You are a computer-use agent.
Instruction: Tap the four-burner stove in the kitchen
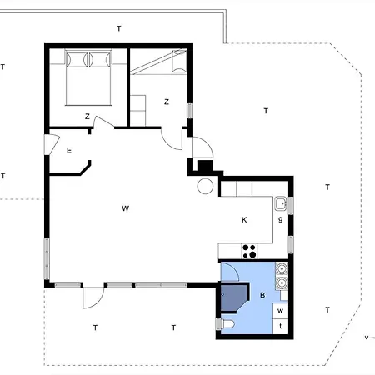249,248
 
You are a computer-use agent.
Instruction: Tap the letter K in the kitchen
244,221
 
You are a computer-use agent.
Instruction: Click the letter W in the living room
125,207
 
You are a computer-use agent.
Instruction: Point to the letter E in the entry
69,150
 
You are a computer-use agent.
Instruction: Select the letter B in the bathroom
262,295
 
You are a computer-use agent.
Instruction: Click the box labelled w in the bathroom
281,311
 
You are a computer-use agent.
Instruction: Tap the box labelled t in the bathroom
281,326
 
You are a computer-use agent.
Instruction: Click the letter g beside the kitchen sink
281,218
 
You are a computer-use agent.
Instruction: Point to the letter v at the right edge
367,337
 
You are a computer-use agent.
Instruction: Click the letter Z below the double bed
87,117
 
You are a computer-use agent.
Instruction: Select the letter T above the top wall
118,29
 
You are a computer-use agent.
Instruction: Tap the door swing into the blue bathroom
231,272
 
